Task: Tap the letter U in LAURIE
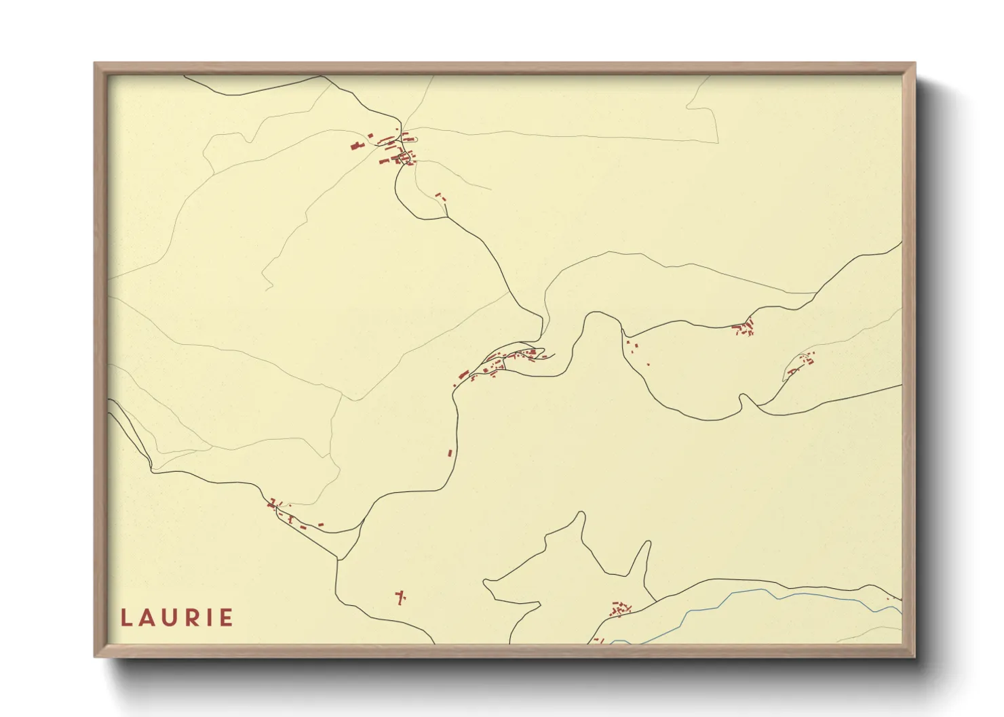coord(169,618)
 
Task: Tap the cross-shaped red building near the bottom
coord(400,597)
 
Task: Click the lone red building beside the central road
coord(449,453)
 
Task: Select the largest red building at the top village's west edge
coord(354,145)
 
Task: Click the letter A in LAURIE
coord(147,618)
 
